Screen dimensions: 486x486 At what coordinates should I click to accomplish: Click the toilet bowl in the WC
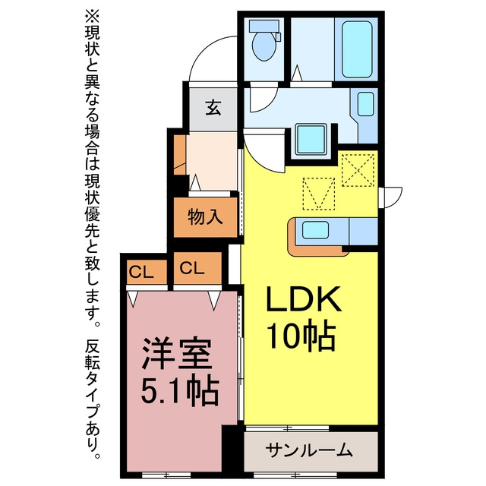click(x=264, y=46)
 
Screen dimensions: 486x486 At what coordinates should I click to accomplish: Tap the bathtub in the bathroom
click(x=357, y=49)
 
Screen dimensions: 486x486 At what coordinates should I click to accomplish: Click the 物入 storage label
click(x=205, y=216)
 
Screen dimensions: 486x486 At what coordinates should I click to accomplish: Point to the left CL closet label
click(x=141, y=272)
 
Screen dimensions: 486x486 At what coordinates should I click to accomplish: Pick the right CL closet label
click(x=192, y=268)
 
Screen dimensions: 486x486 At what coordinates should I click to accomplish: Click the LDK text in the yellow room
click(x=304, y=299)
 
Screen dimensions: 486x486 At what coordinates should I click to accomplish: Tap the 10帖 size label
click(x=301, y=336)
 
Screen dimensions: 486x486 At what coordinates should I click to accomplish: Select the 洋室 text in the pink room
click(x=177, y=354)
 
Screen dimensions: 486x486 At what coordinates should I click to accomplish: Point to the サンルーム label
click(x=309, y=450)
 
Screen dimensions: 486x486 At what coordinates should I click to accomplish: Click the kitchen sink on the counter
click(x=315, y=230)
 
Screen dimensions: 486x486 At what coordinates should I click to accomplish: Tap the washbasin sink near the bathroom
click(x=366, y=104)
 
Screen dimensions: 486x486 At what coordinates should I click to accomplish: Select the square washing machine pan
click(x=311, y=139)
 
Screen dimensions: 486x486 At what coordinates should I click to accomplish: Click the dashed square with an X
click(x=358, y=170)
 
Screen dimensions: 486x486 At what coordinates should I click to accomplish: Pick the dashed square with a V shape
click(x=319, y=194)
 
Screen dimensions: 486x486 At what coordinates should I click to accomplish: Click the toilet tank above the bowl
click(x=264, y=26)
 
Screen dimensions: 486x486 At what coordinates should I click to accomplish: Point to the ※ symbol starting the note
click(x=92, y=17)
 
